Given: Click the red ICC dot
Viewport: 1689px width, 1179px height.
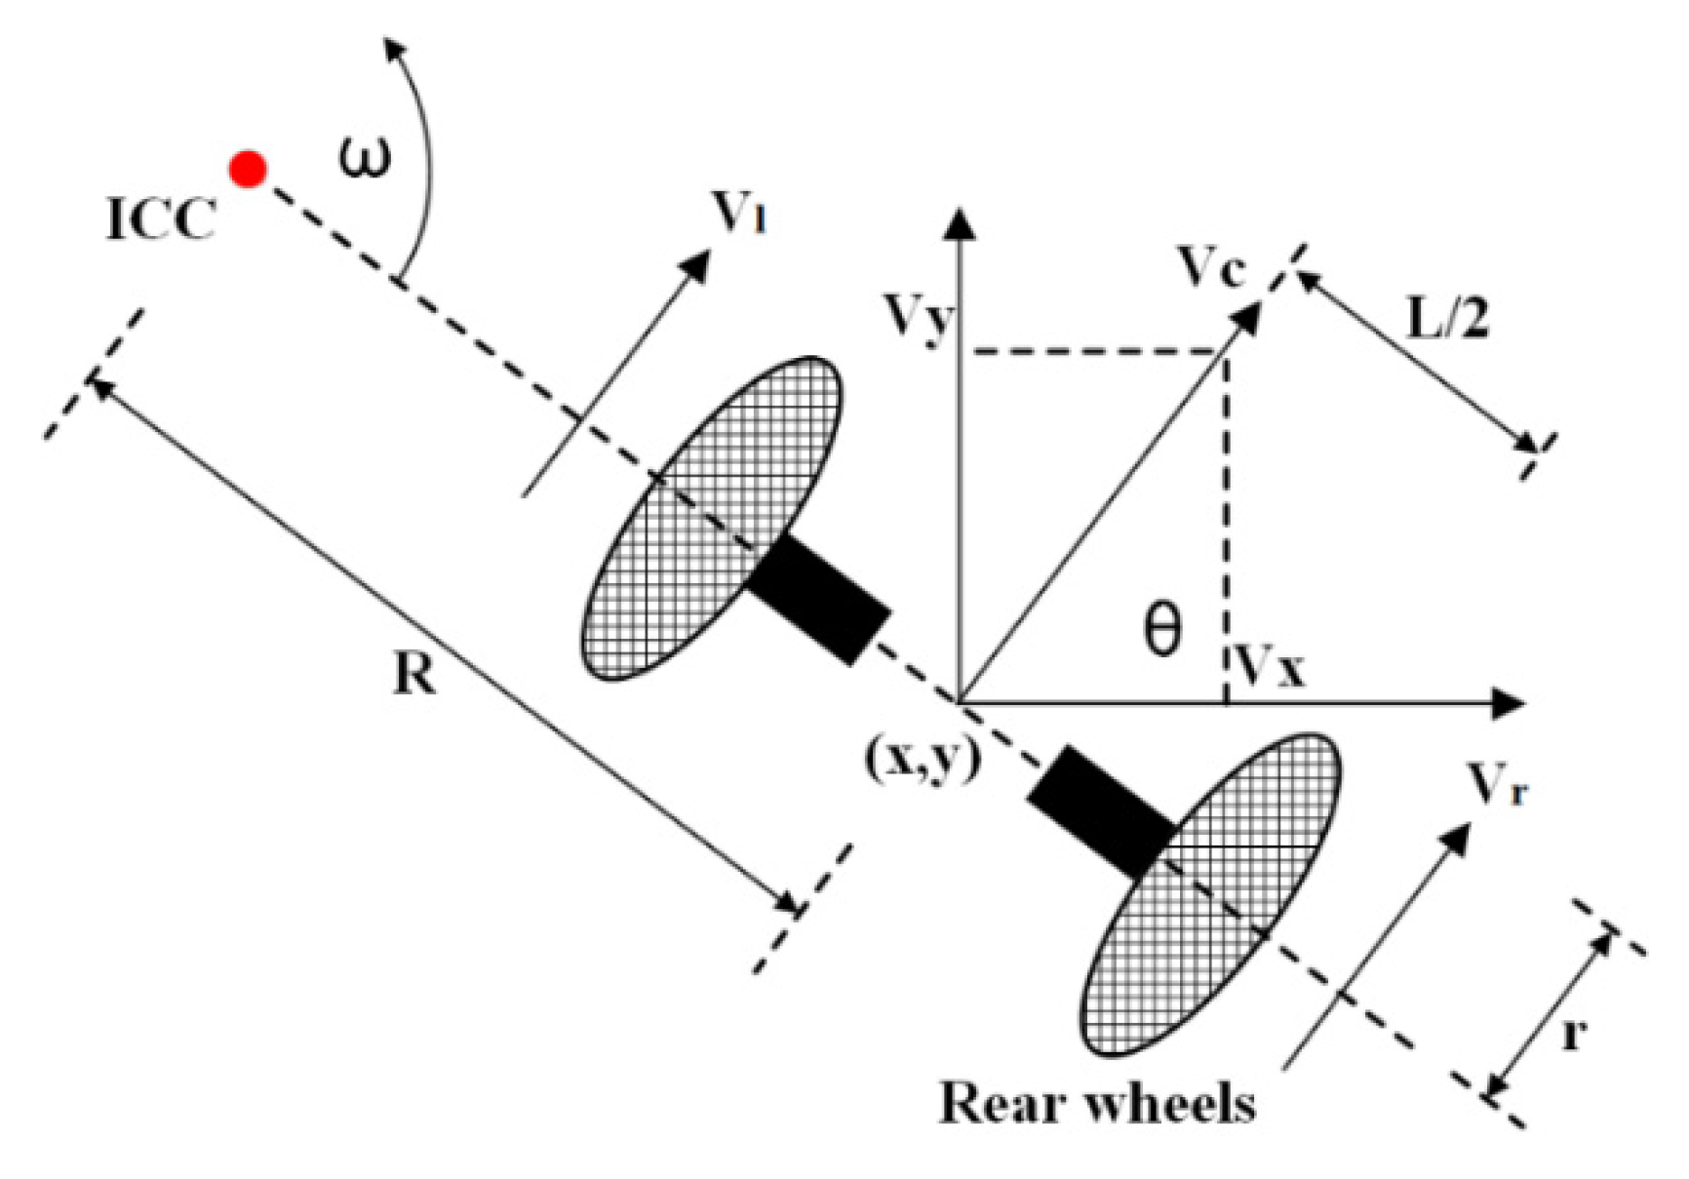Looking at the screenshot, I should [x=248, y=170].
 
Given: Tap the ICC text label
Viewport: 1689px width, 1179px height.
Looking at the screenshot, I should [x=161, y=218].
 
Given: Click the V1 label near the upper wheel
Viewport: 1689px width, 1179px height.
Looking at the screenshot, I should [x=738, y=212].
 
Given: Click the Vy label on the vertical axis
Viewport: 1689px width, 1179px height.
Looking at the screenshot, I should [x=916, y=317].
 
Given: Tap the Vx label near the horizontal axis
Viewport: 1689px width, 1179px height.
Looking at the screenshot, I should [x=1269, y=668].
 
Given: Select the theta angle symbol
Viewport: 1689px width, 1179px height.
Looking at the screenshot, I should [x=1161, y=630].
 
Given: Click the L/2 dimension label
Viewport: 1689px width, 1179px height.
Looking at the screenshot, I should [x=1448, y=318].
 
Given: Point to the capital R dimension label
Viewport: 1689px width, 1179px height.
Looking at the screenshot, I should [x=414, y=673].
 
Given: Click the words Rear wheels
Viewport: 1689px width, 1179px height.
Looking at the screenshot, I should [x=1097, y=1104].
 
